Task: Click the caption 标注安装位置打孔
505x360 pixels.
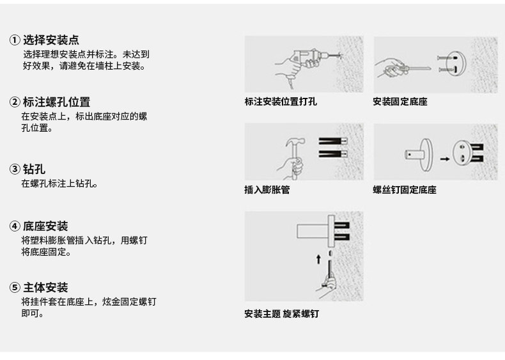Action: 281,102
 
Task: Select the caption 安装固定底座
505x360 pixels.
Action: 400,102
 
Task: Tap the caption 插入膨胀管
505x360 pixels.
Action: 267,190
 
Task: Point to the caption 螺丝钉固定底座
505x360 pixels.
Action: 405,190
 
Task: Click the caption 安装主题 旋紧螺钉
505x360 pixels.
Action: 281,314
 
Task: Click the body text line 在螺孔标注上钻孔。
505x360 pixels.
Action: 59,184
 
